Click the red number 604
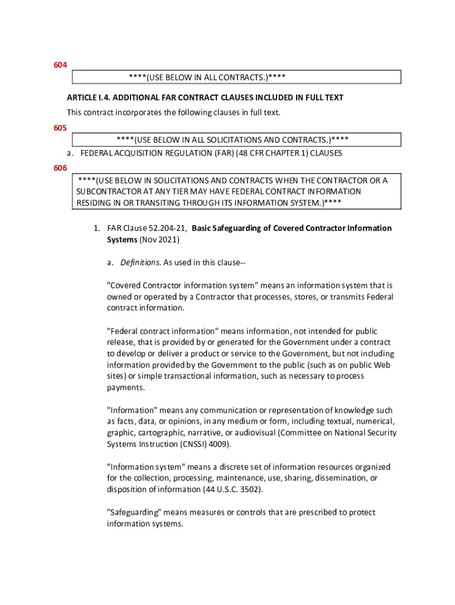60,64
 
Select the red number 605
60,128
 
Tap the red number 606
60,168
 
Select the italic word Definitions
139,262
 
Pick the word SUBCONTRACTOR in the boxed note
110,191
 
